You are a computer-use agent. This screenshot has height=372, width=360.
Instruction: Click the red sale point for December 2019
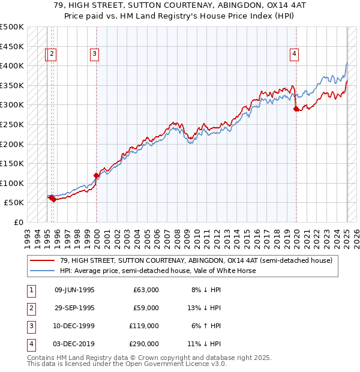296,109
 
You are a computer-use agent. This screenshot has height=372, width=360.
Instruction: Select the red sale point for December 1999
96,175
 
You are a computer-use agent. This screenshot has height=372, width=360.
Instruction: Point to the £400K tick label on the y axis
12,65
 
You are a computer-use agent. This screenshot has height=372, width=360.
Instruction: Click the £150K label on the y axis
12,163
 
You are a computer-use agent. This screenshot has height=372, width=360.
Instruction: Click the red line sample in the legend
42,260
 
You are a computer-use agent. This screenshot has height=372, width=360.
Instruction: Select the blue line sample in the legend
42,271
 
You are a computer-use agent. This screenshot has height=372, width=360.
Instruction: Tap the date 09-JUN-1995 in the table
74,290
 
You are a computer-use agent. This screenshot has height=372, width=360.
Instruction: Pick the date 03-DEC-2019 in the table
74,344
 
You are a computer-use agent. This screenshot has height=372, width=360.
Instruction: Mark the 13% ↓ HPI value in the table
203,308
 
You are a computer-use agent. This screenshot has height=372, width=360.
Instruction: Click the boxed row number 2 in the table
30,308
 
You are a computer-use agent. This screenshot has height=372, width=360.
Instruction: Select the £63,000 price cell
146,290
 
